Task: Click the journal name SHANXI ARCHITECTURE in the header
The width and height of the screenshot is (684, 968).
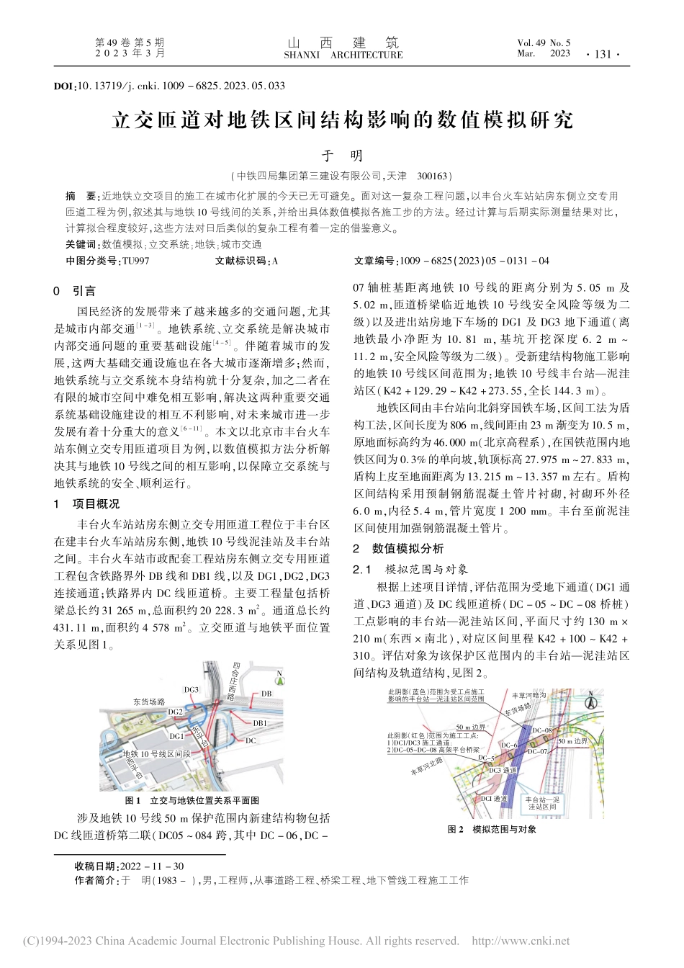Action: coord(343,55)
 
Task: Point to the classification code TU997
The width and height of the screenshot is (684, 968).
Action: coord(135,261)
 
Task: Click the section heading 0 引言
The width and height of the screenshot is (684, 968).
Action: coord(75,291)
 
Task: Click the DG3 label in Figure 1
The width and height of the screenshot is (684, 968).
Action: coord(191,689)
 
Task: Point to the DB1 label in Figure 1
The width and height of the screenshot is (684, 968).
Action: coord(260,722)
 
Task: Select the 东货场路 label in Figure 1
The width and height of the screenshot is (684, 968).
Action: coord(149,701)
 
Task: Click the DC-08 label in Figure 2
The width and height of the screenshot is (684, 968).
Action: coord(541,730)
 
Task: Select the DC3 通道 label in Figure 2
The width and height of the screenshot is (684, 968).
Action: coord(502,770)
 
